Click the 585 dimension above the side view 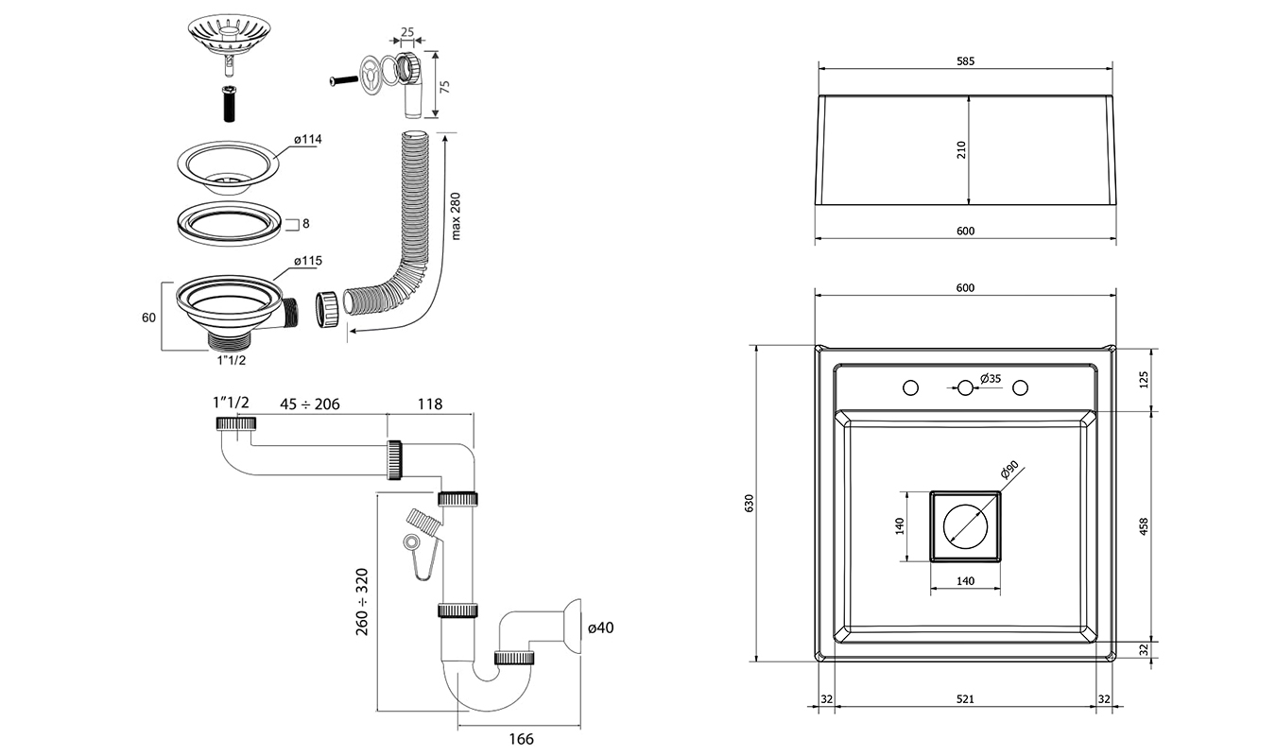click(x=965, y=61)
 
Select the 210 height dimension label click(x=961, y=149)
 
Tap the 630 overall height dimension click(x=750, y=504)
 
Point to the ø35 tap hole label click(x=990, y=378)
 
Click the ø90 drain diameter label click(x=1009, y=471)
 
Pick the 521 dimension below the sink click(x=965, y=699)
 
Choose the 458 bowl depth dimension click(x=1144, y=526)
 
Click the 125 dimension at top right click(x=1144, y=380)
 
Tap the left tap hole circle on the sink click(x=911, y=387)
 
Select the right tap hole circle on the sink click(x=1021, y=387)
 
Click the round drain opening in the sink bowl click(x=965, y=526)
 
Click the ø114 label click(x=307, y=139)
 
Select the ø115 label click(x=307, y=260)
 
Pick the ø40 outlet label click(x=601, y=627)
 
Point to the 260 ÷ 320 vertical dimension click(x=362, y=601)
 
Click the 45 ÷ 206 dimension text click(x=309, y=404)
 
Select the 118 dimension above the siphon click(x=430, y=404)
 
